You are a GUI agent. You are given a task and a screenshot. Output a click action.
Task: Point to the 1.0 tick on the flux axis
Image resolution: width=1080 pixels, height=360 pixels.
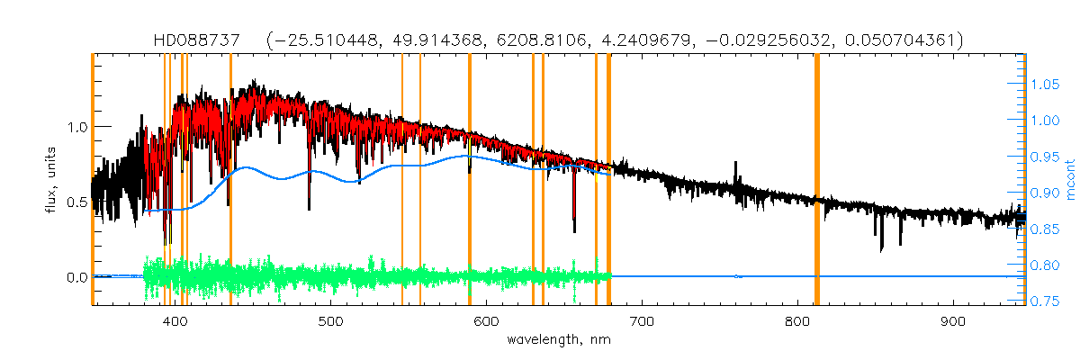click(x=76, y=127)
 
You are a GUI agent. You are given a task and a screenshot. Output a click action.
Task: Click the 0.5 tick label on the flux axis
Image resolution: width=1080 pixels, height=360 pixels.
click(x=76, y=202)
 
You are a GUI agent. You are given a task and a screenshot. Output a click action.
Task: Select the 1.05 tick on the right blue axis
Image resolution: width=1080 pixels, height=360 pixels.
click(x=1045, y=85)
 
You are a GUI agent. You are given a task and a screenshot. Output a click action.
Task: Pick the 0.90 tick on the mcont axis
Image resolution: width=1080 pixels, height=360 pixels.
click(x=1045, y=193)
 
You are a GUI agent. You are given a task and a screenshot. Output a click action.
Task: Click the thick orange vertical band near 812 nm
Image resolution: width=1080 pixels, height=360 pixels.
click(x=816, y=180)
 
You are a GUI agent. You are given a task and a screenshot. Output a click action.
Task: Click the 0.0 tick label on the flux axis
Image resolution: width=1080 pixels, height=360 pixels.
click(x=76, y=277)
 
